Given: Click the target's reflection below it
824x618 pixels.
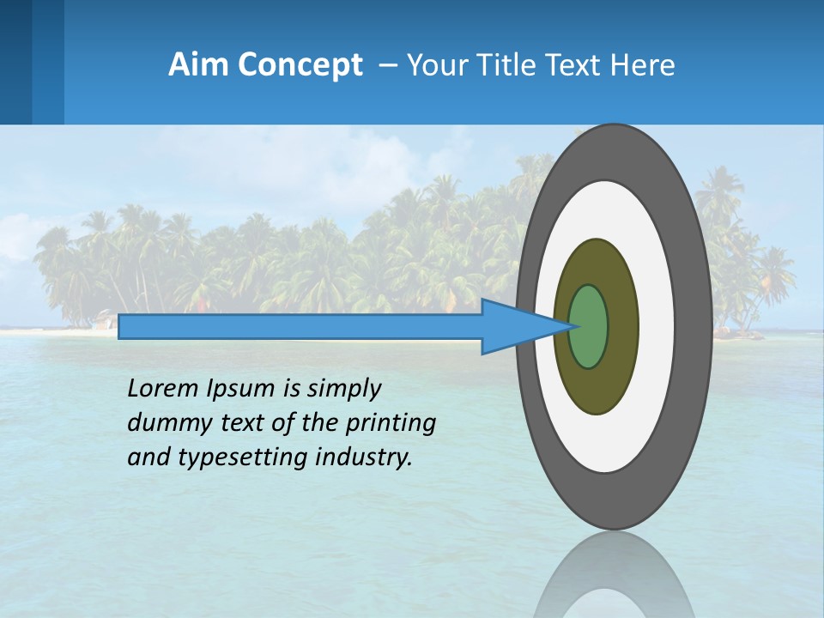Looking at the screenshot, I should point(614,575).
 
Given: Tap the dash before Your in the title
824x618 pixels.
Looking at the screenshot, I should point(387,65).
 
